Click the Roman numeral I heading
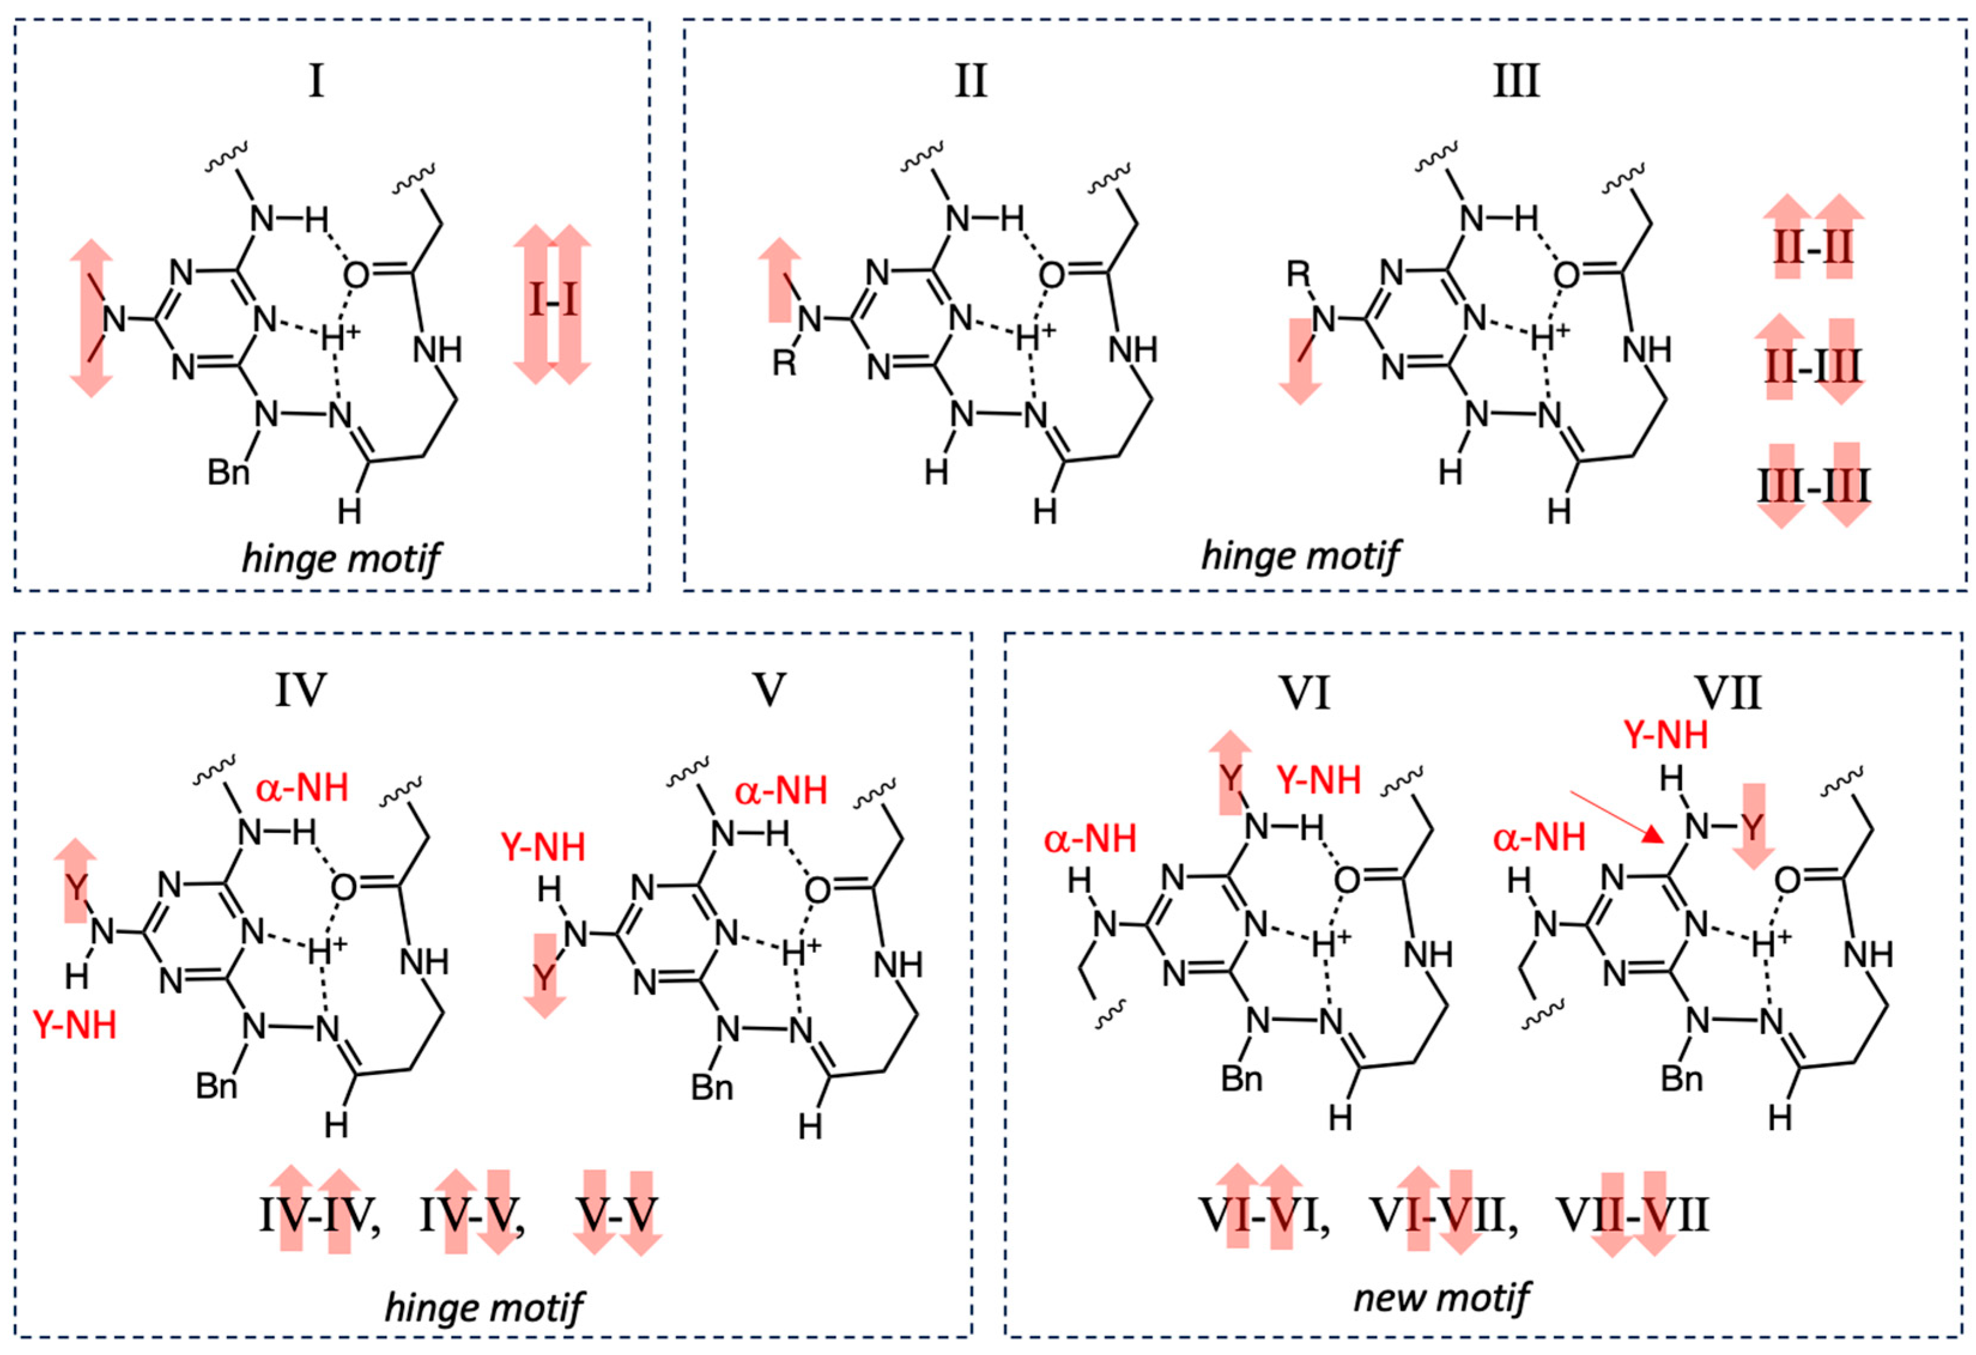point(316,81)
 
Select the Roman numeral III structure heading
point(1517,81)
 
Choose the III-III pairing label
point(1814,486)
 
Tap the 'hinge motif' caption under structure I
point(341,558)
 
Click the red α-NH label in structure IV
point(302,789)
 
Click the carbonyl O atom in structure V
point(817,890)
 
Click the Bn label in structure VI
point(1242,1078)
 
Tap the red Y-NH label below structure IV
point(75,1026)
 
